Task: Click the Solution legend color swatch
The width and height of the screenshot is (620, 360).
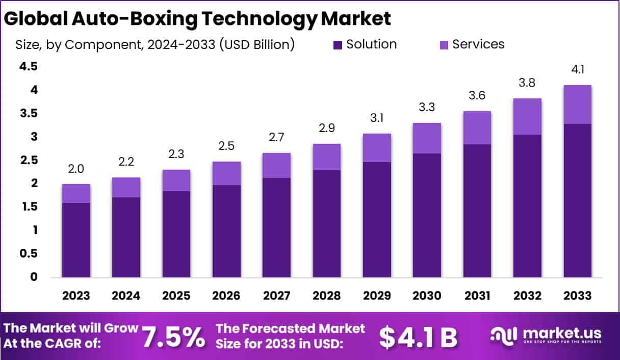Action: [338, 45]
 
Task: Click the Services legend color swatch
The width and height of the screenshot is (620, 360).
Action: [443, 45]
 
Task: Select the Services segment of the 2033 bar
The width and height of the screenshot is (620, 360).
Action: [577, 105]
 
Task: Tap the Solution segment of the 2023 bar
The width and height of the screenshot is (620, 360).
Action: [76, 240]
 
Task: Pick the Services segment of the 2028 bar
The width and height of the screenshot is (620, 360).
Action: [327, 157]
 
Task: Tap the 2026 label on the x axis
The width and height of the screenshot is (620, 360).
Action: [226, 296]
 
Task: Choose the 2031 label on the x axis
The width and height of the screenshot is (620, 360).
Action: [477, 296]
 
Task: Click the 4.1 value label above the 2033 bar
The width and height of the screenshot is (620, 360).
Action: [577, 70]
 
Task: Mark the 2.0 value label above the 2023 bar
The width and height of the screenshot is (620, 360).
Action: [76, 169]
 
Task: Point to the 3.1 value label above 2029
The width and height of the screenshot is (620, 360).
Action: [377, 118]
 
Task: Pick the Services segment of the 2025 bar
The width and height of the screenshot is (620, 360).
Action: [176, 181]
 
